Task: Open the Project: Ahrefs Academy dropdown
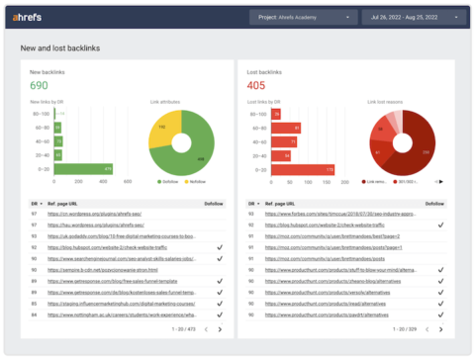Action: tap(302, 17)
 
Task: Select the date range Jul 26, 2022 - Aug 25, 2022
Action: tap(412, 17)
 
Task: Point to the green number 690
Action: tap(39, 86)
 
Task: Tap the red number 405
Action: tap(256, 86)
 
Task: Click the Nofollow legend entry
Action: tap(194, 181)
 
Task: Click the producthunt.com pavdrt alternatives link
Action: tap(327, 315)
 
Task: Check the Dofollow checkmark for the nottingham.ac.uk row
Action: tap(219, 315)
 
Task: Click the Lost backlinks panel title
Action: tap(265, 72)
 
